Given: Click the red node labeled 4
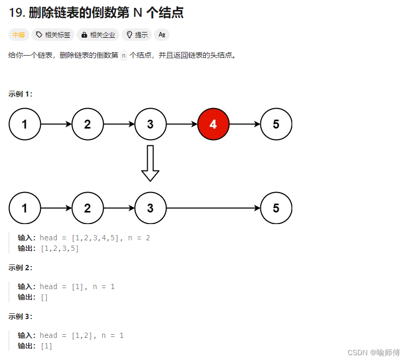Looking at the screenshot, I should point(213,124).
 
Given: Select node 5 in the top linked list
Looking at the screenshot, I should point(276,124).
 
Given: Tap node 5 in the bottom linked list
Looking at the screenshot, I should point(276,208).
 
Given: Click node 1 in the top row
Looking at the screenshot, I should point(25,124).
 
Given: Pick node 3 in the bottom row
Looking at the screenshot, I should point(150,208).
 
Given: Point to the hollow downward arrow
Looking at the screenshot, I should point(150,163).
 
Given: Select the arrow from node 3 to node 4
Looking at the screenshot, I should point(182,124).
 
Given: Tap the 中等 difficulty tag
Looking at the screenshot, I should point(19,35).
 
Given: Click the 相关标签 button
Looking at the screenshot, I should point(53,35).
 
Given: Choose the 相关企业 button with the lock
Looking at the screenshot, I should point(98,35).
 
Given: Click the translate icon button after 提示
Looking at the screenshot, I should point(162,35).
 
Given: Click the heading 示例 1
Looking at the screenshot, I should point(20,94).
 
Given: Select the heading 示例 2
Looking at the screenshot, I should point(20,268).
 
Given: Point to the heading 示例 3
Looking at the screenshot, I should point(20,316).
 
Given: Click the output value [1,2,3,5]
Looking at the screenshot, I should point(60,248).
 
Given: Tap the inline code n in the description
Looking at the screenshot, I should point(124,55).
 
